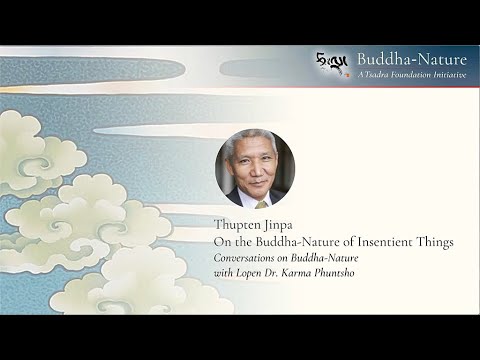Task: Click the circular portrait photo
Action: pos(254,168)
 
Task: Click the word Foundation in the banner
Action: pos(405,75)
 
